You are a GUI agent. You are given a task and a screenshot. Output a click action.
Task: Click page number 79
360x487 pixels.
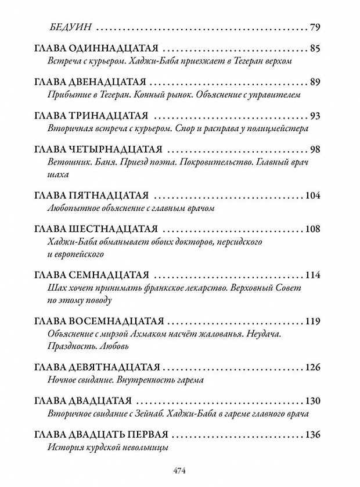click(x=315, y=28)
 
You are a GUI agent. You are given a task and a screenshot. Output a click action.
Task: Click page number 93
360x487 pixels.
click(x=315, y=114)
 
